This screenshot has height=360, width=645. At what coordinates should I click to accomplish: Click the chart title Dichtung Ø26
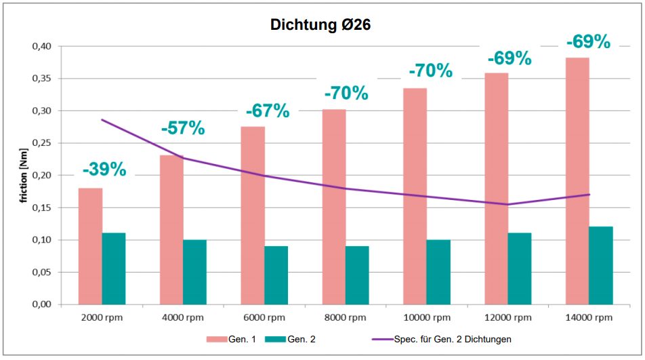coord(320,25)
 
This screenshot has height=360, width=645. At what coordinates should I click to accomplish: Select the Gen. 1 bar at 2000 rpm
coord(90,246)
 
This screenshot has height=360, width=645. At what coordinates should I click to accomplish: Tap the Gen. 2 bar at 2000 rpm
coord(114,268)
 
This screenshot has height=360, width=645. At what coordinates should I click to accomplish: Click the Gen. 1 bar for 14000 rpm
coord(577,181)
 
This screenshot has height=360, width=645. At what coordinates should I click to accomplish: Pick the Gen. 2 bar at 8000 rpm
coord(357,275)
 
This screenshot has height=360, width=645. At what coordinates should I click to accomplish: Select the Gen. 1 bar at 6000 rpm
coord(253,216)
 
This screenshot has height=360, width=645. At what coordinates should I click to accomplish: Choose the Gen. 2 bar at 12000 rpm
coord(520,268)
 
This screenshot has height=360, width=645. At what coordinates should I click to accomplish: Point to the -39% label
coord(104,169)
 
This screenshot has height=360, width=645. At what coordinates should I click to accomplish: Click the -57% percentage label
coord(183,127)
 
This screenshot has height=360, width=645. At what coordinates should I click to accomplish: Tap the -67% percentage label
coord(267,111)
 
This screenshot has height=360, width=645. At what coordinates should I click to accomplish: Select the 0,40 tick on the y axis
coord(42,46)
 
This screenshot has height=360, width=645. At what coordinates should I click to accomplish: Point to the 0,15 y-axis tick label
coord(42,207)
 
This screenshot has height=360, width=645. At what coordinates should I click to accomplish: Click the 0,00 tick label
coord(42,304)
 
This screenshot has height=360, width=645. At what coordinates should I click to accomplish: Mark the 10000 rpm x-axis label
coord(426,317)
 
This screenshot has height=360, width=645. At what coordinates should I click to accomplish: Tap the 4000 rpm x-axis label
coord(183,317)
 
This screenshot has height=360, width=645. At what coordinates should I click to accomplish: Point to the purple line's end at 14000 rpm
coord(589,195)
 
